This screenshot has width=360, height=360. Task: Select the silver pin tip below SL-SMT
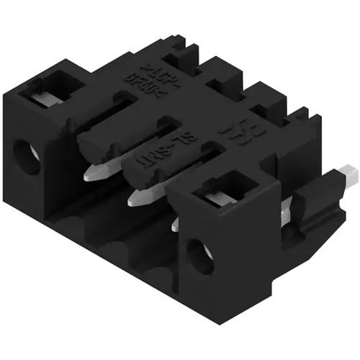click(x=139, y=196)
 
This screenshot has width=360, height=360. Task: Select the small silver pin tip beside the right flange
click(x=176, y=225)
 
